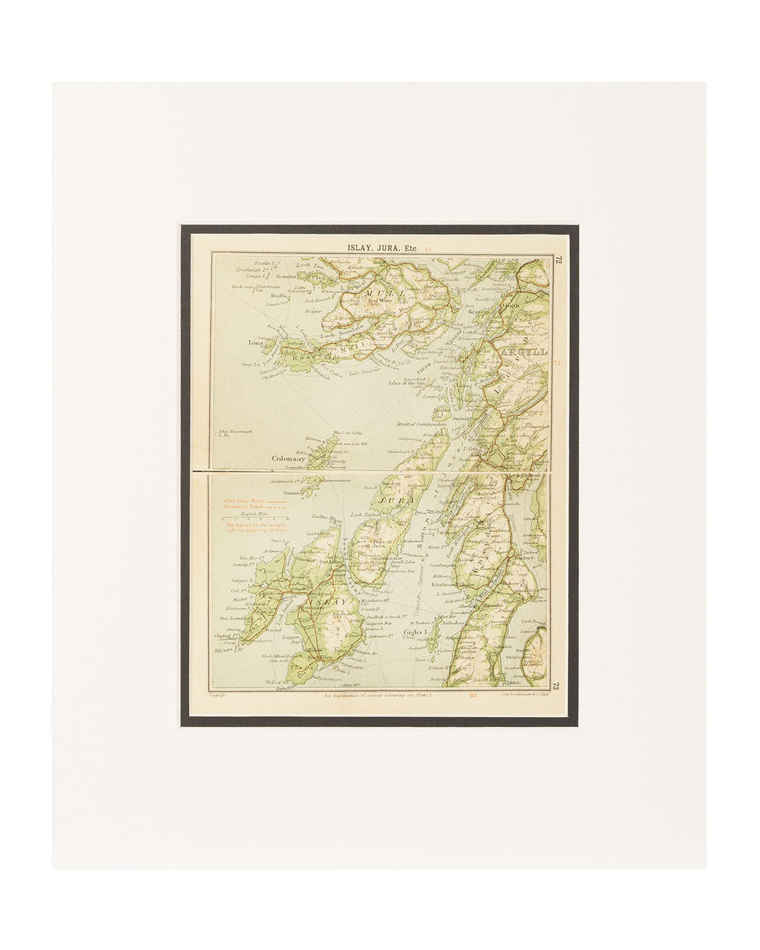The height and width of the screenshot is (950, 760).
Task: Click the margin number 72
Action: pos(557,260)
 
